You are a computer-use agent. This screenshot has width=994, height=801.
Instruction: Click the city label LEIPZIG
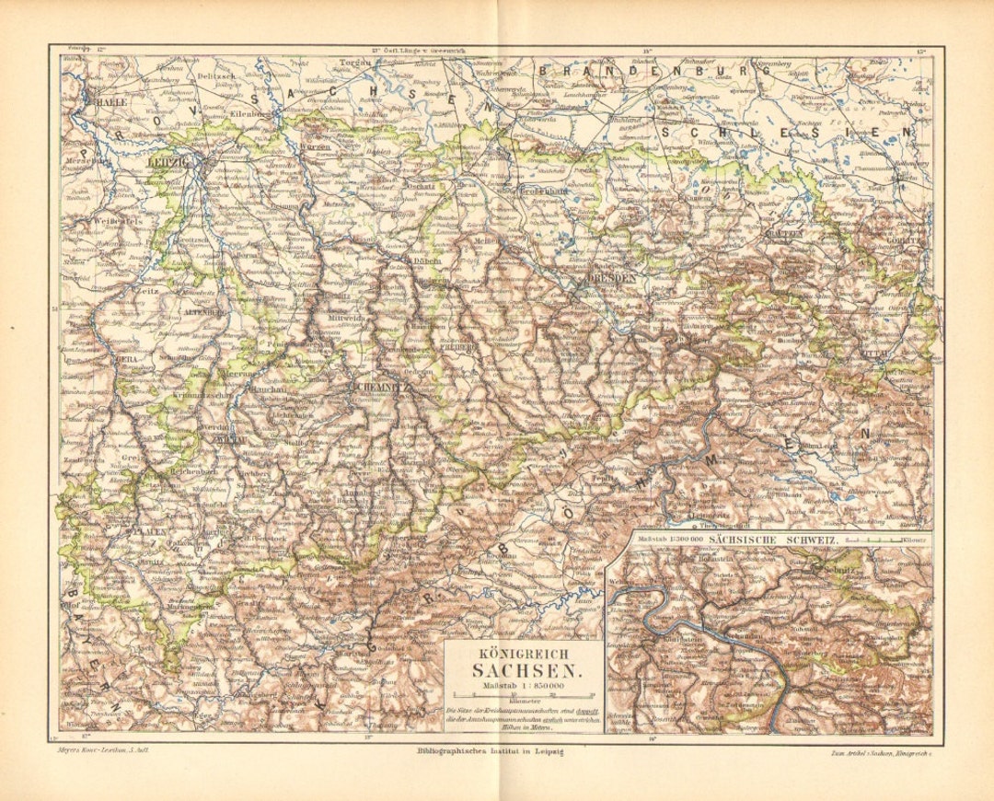pyautogui.click(x=167, y=162)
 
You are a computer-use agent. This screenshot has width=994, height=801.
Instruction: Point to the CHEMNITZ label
pyautogui.click(x=376, y=387)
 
